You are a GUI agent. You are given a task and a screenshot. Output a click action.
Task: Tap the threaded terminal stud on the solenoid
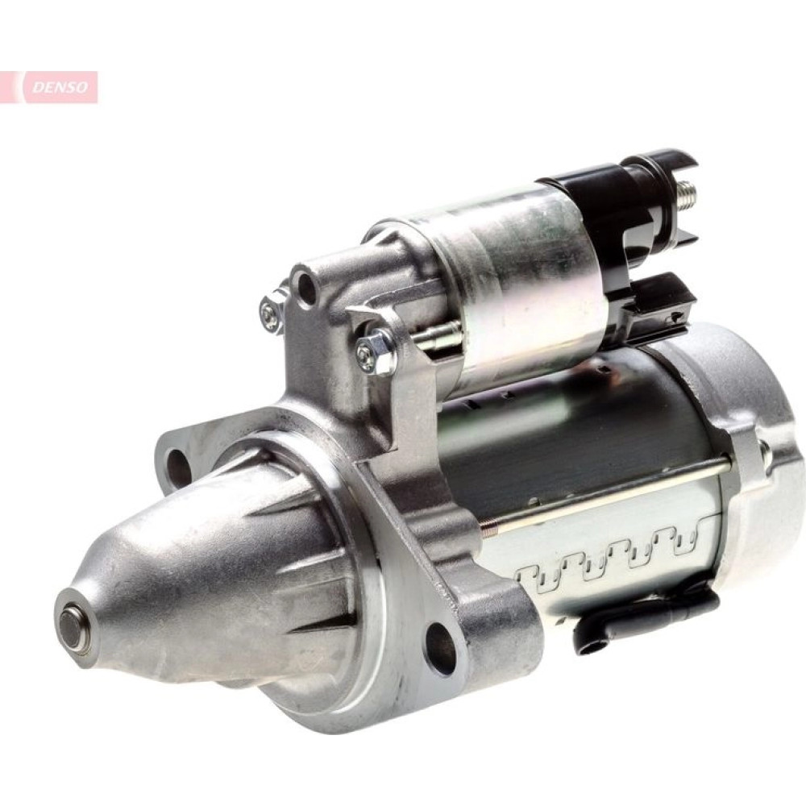point(685,194)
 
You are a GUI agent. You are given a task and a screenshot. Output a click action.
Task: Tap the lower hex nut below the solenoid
point(373,351)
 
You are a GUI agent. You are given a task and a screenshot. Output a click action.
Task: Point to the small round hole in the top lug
point(305,285)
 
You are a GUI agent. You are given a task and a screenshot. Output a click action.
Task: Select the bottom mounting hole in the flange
point(442,649)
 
